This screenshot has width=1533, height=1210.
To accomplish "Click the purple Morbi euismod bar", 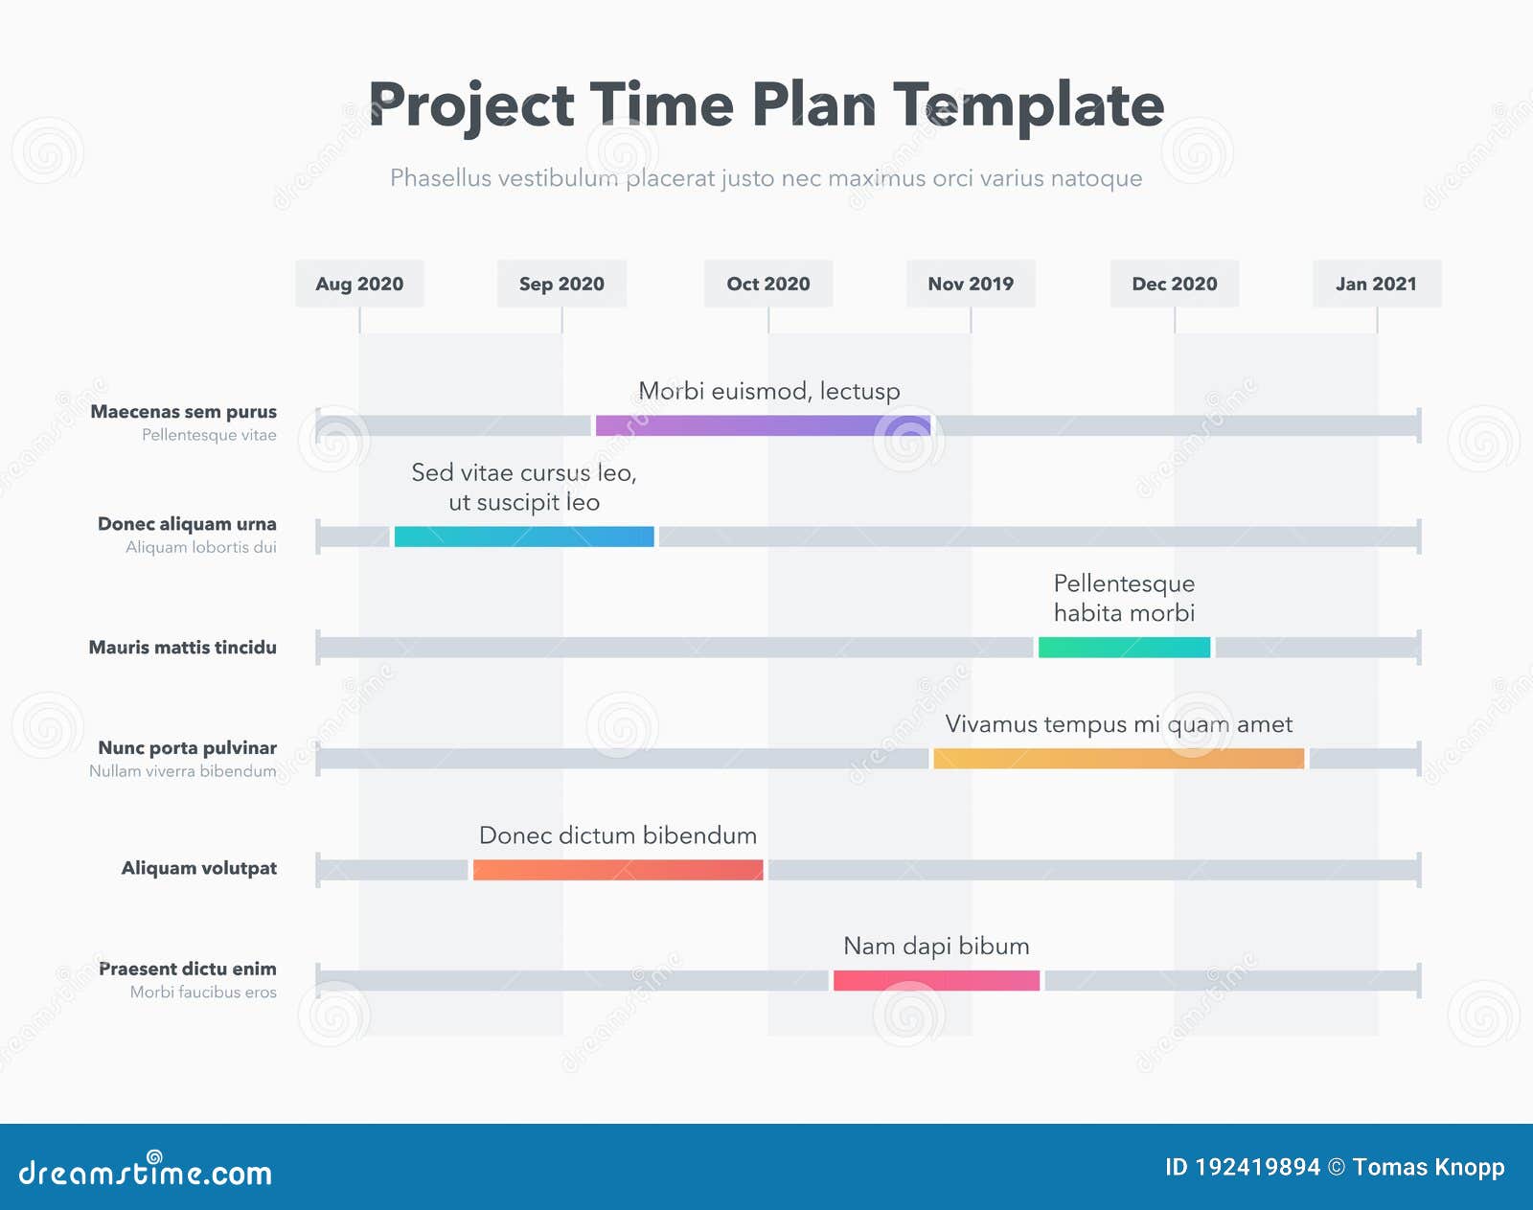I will coord(763,425).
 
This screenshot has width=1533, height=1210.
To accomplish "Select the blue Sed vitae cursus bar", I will coord(524,537).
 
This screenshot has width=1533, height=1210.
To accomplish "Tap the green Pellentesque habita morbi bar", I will coord(1124,648).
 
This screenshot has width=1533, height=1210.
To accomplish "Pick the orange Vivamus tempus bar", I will coord(1118,759).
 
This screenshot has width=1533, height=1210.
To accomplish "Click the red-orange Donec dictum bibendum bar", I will coord(618,870).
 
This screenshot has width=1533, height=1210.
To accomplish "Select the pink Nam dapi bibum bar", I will coord(936,980).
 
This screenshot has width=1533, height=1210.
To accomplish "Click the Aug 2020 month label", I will coord(359,284).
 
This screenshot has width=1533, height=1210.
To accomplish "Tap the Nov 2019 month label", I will coord(971,284).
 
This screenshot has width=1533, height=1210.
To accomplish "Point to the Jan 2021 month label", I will coord(1376,284).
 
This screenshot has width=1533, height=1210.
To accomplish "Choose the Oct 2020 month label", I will coord(767,284).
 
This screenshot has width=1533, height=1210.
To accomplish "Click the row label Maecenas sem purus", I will coord(183,412).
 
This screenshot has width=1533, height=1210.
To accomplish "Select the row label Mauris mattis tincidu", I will coord(182,648).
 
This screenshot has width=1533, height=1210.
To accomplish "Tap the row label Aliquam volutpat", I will coord(198,868).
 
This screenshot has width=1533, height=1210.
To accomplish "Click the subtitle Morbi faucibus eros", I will coord(203,993).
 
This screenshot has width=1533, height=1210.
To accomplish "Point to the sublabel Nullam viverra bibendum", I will coord(182,771).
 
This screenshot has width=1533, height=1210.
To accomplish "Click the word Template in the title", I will coord(1028,105).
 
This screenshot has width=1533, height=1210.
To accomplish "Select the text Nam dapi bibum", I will coord(936,947).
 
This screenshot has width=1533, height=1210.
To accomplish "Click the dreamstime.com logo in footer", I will coord(146,1171).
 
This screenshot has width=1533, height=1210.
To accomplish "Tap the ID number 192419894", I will coord(1257,1167).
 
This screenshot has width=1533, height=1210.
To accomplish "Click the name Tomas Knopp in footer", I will coord(1428,1167).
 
